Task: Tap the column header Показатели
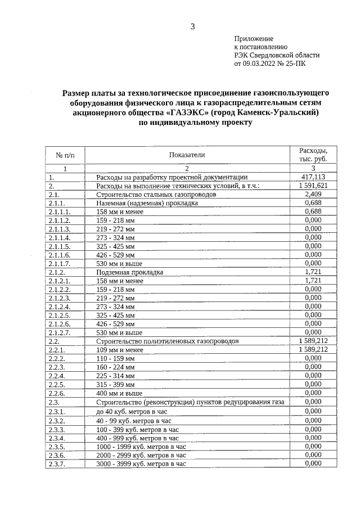click(187, 155)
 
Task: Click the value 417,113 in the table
click(312, 177)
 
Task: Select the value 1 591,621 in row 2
click(312, 186)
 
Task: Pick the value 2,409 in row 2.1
click(312, 194)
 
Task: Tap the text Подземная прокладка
click(129, 272)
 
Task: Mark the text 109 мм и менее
click(120, 350)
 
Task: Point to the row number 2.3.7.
click(57, 464)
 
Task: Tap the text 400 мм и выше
click(117, 393)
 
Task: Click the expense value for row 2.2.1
click(312, 350)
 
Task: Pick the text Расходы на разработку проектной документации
click(168, 177)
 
